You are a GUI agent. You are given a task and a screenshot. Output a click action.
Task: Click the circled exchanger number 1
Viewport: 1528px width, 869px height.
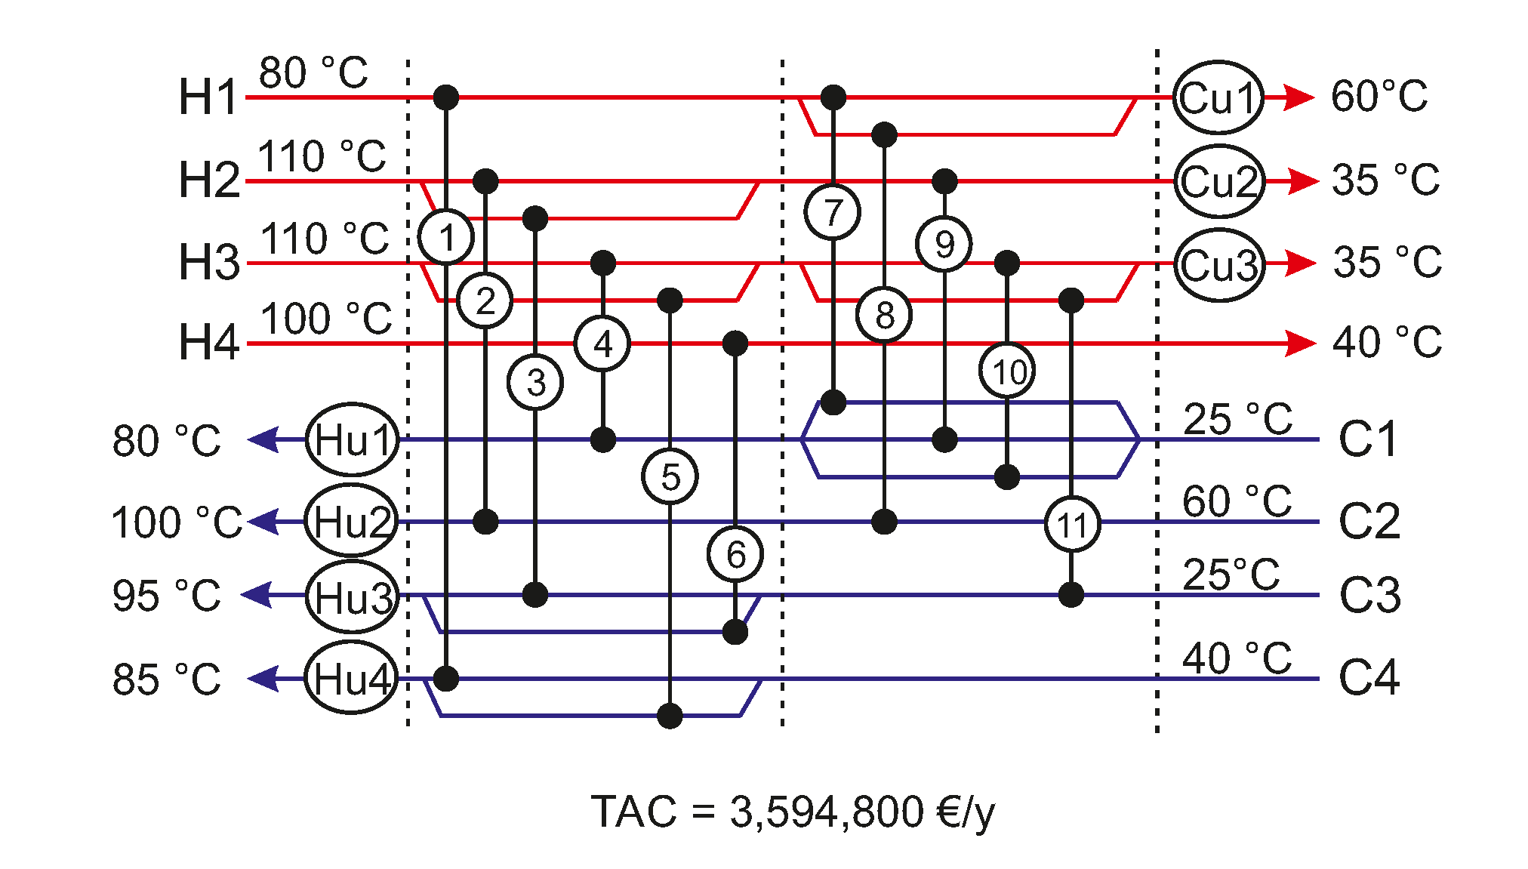point(446,237)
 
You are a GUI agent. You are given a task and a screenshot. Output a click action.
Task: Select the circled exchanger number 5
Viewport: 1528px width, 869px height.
point(670,476)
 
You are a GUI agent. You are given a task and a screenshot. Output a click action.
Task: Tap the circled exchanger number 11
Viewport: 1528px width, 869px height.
point(1072,524)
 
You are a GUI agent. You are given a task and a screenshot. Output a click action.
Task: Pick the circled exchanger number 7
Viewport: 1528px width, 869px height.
point(833,212)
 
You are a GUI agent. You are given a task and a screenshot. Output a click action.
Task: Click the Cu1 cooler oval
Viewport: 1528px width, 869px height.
point(1218,98)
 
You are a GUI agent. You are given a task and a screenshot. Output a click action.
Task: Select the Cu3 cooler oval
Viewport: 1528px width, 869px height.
point(1218,265)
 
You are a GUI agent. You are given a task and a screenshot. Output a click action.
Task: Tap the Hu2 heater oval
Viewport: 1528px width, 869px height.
point(352,521)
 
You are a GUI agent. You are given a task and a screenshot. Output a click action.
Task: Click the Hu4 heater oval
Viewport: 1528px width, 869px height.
point(352,678)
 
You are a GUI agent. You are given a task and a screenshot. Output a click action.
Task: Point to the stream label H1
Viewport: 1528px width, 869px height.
point(208,97)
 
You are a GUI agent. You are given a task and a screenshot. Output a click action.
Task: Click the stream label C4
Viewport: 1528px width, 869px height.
point(1369,676)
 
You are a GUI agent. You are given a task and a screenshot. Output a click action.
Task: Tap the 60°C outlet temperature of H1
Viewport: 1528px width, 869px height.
point(1379,97)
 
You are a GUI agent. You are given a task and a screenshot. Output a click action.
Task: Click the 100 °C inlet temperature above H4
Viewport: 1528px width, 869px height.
point(326,319)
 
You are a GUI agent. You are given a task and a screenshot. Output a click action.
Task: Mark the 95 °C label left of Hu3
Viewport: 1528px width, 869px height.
point(166,596)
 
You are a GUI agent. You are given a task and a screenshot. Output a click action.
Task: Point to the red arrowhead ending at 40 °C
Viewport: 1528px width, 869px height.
point(1300,344)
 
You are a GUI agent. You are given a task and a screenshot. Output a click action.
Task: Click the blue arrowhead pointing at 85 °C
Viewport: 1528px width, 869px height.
point(263,678)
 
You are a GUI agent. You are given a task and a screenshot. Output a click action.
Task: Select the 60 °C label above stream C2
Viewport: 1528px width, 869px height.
point(1237,501)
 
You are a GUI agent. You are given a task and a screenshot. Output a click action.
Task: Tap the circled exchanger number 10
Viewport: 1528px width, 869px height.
point(1008,371)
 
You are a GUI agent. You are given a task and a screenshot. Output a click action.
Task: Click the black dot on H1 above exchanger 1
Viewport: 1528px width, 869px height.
point(446,97)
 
